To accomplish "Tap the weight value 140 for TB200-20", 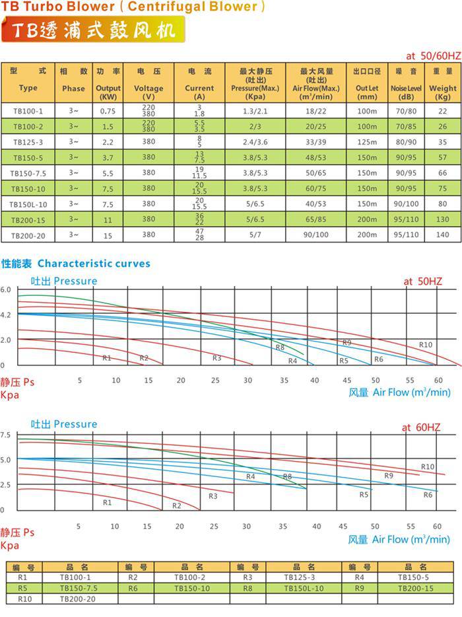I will (442, 235).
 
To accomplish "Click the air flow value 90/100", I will (315, 235).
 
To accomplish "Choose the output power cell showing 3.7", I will (108, 157).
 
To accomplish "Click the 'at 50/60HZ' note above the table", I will (433, 56).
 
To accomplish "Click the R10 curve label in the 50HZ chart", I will (426, 345).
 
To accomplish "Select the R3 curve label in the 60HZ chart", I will (213, 496).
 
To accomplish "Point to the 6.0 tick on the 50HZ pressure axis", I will (6, 290).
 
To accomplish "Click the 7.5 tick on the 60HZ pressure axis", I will (6, 435).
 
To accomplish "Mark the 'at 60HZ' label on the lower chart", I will (421, 427).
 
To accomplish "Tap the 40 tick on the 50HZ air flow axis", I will (314, 381).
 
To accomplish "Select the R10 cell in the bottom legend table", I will (25, 599).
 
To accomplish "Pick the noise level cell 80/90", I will (406, 141).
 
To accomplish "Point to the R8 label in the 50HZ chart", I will (280, 348).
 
